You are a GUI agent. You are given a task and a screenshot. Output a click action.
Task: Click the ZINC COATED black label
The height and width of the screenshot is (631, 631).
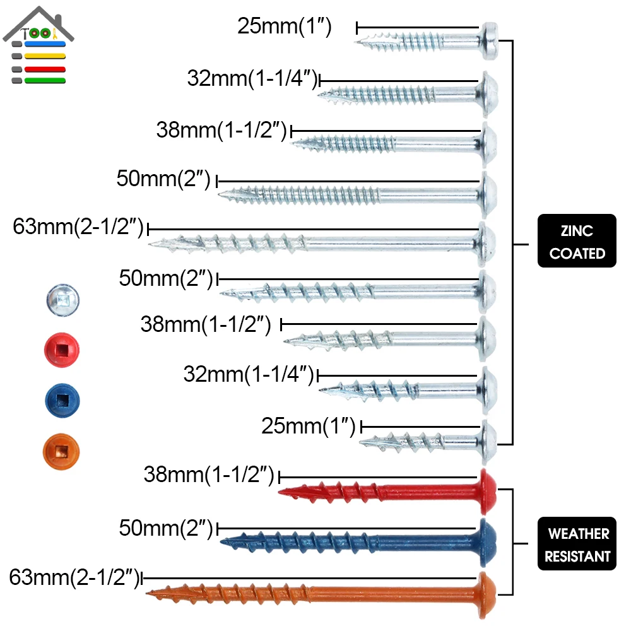click(577, 241)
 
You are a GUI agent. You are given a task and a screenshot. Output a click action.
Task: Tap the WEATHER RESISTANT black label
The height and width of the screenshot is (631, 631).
click(577, 544)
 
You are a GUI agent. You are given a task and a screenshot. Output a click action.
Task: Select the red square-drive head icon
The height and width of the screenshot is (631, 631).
click(63, 348)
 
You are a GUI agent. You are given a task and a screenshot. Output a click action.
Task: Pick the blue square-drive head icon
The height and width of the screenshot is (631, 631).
click(63, 399)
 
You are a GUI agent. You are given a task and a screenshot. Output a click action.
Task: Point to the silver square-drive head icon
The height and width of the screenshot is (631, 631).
click(63, 297)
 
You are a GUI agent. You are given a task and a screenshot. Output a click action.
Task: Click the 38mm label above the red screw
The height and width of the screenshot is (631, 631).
click(209, 475)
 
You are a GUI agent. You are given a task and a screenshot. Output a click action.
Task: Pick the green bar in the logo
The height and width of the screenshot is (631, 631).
click(44, 80)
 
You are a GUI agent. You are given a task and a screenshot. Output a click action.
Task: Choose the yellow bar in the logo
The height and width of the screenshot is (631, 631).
click(44, 56)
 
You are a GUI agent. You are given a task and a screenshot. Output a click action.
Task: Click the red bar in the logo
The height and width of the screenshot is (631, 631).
click(44, 68)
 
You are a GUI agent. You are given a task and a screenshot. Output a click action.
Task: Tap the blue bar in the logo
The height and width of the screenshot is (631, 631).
click(44, 44)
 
